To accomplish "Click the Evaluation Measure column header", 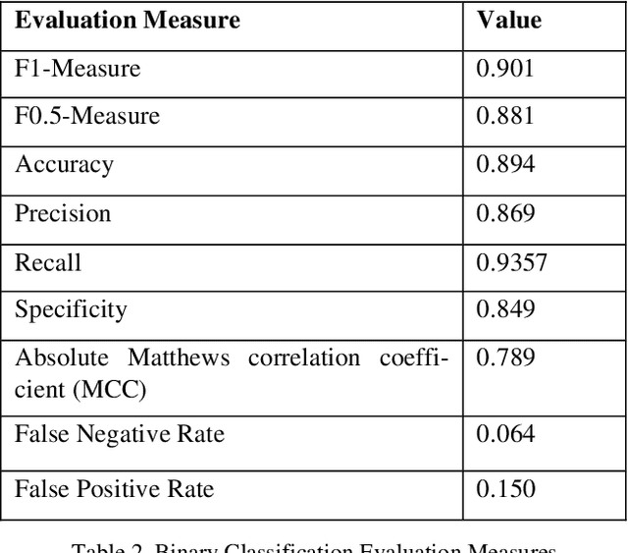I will (x=128, y=20).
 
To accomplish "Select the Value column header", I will (x=508, y=20).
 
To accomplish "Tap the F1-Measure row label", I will (x=78, y=69).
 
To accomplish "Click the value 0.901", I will (x=505, y=69).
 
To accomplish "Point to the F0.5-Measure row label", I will (x=87, y=117).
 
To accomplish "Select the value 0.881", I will (x=505, y=117).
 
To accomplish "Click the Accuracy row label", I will (x=64, y=165).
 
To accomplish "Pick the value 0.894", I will (x=505, y=165).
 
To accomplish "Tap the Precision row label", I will (x=63, y=213).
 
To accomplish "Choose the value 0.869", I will (x=505, y=213).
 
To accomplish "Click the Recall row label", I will (x=48, y=262).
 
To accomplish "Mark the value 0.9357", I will (x=511, y=262).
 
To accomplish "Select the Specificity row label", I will (x=71, y=310).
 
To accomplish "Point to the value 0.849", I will (x=505, y=310).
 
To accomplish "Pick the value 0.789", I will (x=505, y=359).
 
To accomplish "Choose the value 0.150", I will (x=505, y=488).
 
